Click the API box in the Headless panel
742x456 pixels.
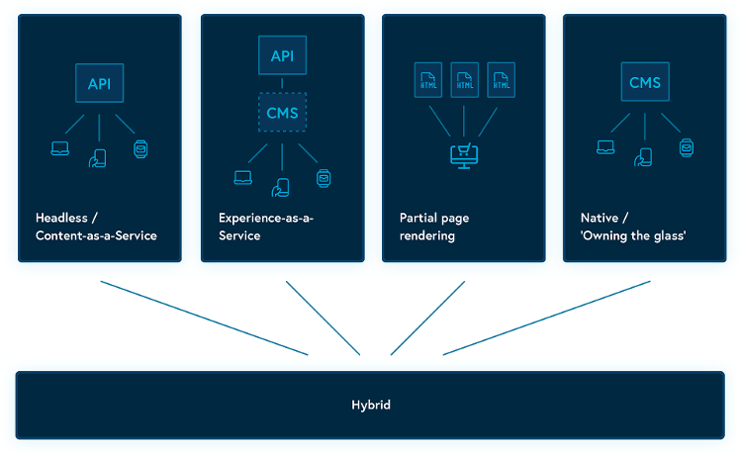pos(99,83)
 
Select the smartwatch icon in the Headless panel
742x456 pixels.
pos(140,149)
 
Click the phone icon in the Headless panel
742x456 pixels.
pos(99,158)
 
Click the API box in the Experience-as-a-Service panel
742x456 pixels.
pos(283,55)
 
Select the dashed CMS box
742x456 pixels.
pos(283,113)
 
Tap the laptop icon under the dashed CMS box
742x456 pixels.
pos(242,178)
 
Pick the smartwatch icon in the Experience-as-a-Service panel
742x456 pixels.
pos(323,178)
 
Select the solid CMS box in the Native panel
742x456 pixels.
pos(645,83)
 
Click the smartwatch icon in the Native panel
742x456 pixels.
pos(686,148)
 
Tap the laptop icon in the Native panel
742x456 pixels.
pos(605,149)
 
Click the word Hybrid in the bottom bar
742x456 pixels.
pos(371,405)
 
